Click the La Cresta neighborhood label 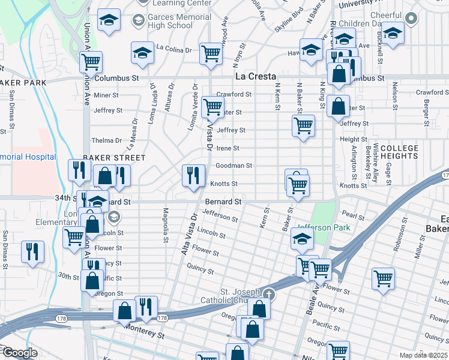tap(255, 77)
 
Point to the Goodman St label tap(234, 166)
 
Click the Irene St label tap(228, 148)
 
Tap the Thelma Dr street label tap(106, 140)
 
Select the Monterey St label tap(144, 333)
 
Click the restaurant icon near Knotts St tap(193, 175)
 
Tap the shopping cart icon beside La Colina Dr tap(211, 53)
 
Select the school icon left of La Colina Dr tap(142, 53)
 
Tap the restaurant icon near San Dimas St tap(32, 251)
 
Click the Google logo tap(20, 353)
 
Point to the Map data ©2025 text tap(423, 355)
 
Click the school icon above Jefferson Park tap(302, 239)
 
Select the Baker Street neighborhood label tap(114, 157)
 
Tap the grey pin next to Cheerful tap(411, 18)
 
